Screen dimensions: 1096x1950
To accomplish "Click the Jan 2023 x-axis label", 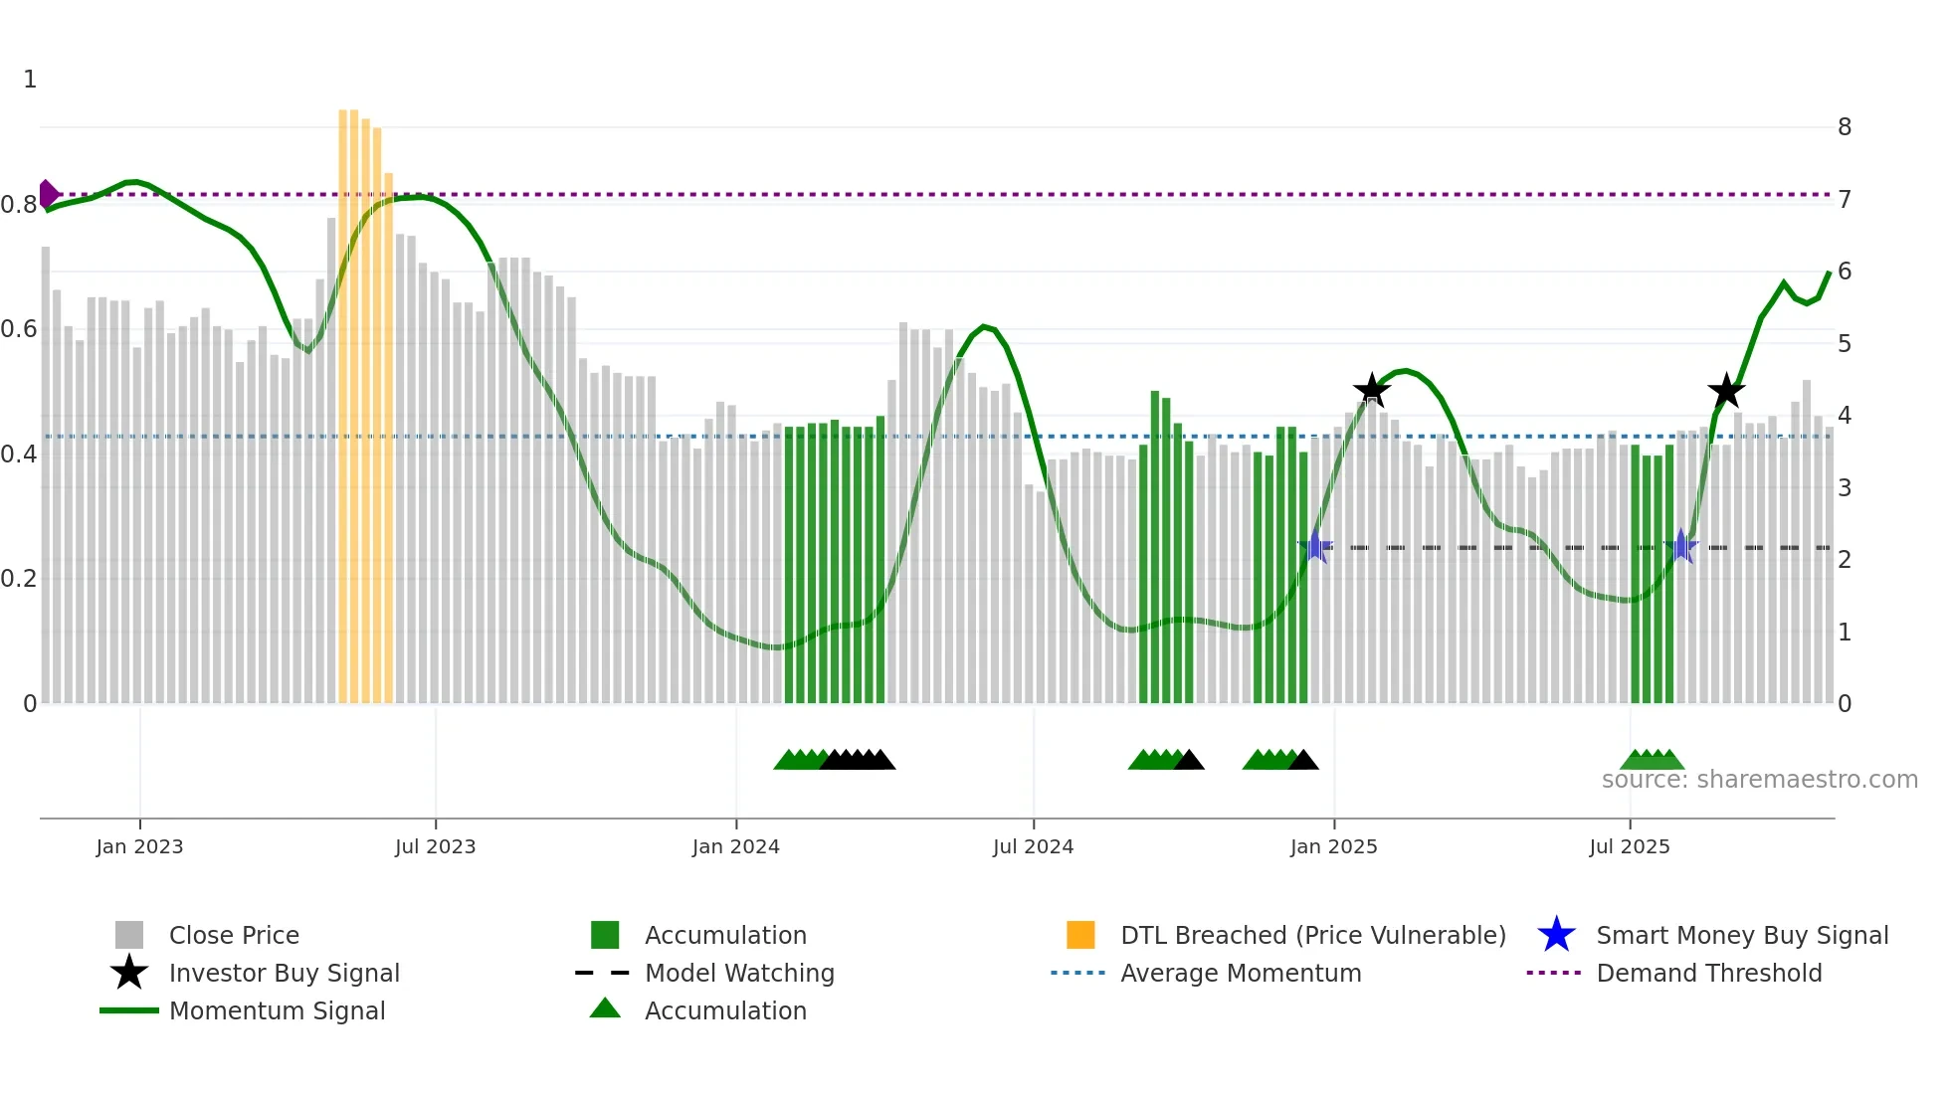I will pyautogui.click(x=139, y=846).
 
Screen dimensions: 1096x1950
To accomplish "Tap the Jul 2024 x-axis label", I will pyautogui.click(x=1033, y=846).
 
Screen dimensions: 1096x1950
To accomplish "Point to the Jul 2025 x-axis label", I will pyautogui.click(x=1629, y=846).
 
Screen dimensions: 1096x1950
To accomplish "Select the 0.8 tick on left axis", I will pyautogui.click(x=20, y=205).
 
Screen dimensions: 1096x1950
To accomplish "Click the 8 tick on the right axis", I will pyautogui.click(x=1844, y=127).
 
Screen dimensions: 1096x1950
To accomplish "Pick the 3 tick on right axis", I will pyautogui.click(x=1844, y=487).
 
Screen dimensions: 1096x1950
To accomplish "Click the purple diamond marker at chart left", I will pyautogui.click(x=47, y=194).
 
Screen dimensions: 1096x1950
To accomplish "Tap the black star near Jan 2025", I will pyautogui.click(x=1372, y=391).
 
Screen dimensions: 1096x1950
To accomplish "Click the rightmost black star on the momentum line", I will pyautogui.click(x=1726, y=391).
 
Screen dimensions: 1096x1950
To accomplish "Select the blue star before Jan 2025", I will pyautogui.click(x=1315, y=546).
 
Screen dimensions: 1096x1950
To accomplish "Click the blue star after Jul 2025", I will pyautogui.click(x=1680, y=546).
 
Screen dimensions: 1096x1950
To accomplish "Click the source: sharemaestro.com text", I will pyautogui.click(x=1759, y=780).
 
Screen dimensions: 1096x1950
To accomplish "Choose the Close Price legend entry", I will pyautogui.click(x=234, y=935).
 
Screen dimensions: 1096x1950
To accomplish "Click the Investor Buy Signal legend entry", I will pyautogui.click(x=284, y=973).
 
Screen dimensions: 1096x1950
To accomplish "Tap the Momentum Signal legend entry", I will pyautogui.click(x=277, y=1010).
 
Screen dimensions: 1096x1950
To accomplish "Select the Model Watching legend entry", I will pyautogui.click(x=739, y=973).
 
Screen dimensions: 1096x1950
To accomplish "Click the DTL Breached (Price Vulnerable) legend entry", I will pyautogui.click(x=1312, y=935).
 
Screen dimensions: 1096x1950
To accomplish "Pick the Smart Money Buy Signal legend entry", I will pyautogui.click(x=1741, y=935).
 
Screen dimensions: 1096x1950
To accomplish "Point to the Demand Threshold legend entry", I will pyautogui.click(x=1708, y=973).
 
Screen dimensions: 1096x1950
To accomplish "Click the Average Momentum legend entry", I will pyautogui.click(x=1240, y=973).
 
